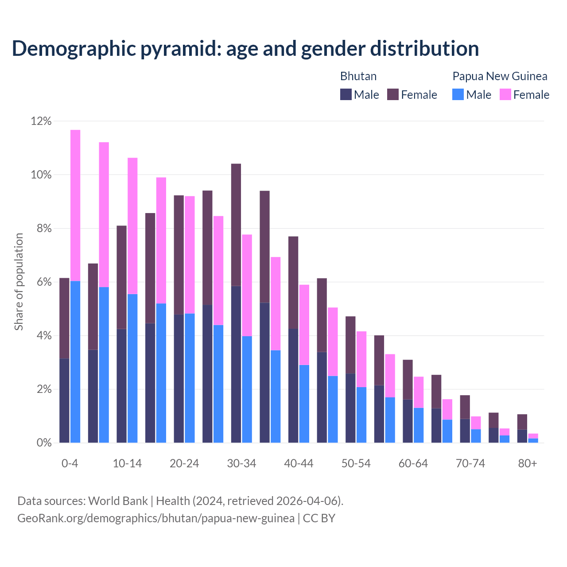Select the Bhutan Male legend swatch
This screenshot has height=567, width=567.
pos(346,94)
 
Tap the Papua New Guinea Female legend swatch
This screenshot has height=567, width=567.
pos(505,94)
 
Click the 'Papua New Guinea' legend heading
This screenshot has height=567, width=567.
pos(500,76)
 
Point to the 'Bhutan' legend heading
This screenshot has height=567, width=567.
pos(358,76)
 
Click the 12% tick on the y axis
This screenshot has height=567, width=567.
pos(41,121)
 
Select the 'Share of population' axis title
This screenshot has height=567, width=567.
pos(19,282)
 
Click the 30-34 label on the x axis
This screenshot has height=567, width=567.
pos(241,464)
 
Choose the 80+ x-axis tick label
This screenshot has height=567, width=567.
pos(528,464)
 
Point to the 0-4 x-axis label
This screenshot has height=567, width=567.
pos(70,464)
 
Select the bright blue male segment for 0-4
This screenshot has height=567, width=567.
pos(75,361)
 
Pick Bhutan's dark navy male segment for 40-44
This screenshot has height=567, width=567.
pos(293,385)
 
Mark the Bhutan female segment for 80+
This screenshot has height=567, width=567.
pos(522,422)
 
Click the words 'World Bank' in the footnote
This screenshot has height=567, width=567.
pos(118,501)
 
